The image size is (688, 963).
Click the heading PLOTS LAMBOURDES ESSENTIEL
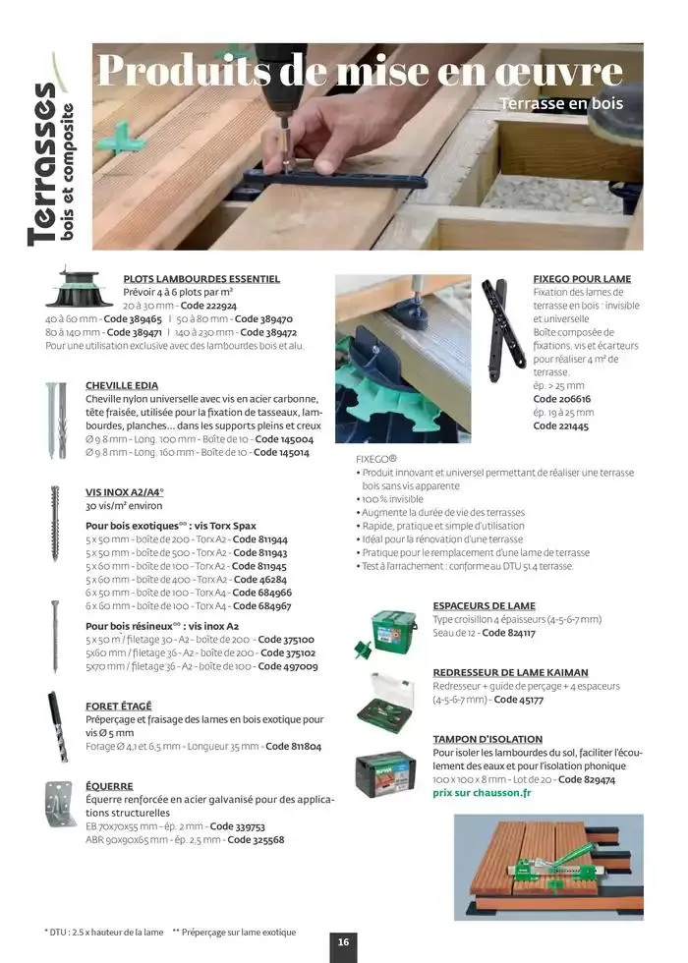pos(201,279)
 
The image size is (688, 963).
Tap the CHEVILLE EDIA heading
pos(122,385)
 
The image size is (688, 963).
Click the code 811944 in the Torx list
pos(260,539)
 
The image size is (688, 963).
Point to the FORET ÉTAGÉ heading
pos(119,706)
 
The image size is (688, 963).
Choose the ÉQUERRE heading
pos(109,786)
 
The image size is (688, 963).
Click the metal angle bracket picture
pos(59,803)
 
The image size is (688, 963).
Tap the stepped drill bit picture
pos(57,727)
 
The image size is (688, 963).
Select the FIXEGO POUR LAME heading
pos(582,279)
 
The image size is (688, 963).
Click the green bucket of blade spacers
pos(393,631)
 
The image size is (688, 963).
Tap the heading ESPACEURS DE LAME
pos(484,606)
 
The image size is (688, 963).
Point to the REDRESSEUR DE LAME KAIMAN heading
pos(510,673)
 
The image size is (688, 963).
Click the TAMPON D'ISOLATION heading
pos(487,739)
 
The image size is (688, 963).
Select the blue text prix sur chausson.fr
pos(481,793)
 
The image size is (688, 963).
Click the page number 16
pos(343,941)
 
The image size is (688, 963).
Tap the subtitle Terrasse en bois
pos(560,103)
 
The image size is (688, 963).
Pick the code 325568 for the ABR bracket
pos(257,840)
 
